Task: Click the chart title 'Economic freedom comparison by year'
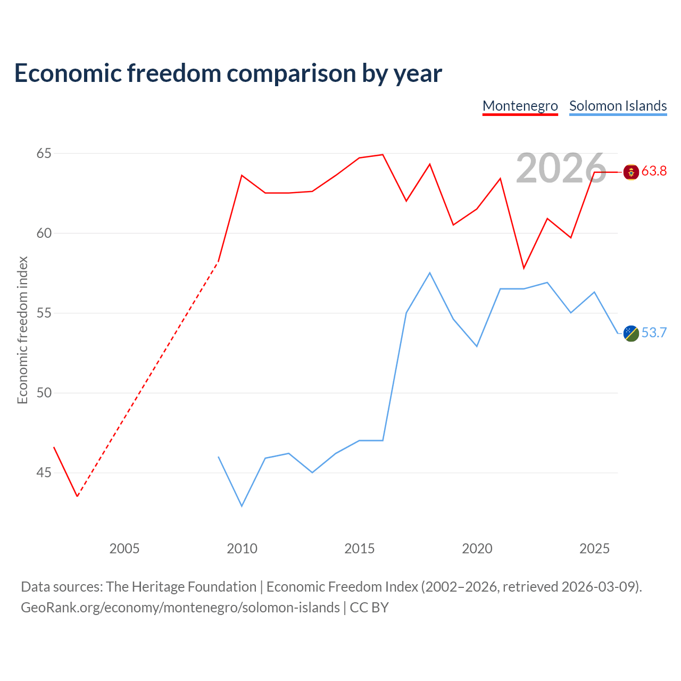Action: tap(228, 73)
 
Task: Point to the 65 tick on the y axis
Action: tap(44, 153)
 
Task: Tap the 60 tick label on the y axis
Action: tap(44, 233)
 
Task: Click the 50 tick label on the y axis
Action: tap(44, 393)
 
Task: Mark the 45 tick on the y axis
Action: tap(44, 472)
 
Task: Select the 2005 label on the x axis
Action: tap(124, 549)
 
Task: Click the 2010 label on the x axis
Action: tap(242, 549)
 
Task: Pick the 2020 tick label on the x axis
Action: tap(477, 549)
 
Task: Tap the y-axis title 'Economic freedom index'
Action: tap(22, 330)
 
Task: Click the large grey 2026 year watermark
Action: tap(561, 168)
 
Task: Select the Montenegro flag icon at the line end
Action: tap(631, 172)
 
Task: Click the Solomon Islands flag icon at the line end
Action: tap(631, 333)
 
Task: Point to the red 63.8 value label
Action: tap(654, 171)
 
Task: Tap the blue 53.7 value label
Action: tap(654, 333)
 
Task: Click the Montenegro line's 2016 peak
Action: tap(383, 155)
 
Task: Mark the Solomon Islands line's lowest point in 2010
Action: tap(242, 506)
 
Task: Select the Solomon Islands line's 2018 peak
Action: tap(430, 273)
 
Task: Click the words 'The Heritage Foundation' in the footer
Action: tap(181, 587)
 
